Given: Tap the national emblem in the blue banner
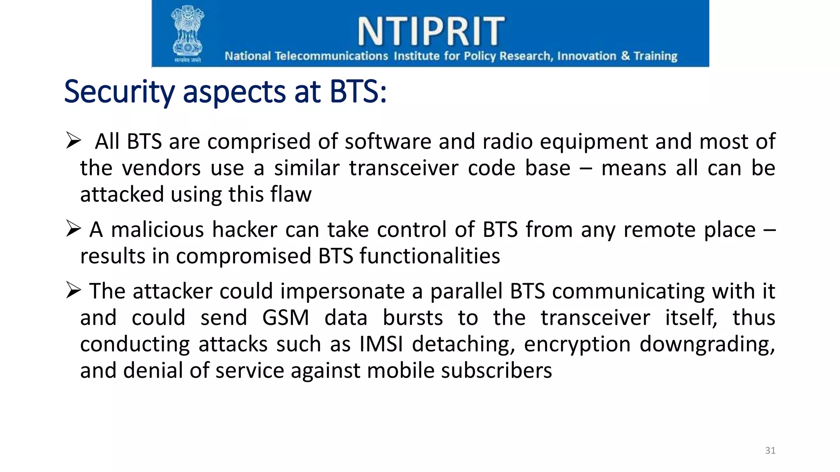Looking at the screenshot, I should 187,33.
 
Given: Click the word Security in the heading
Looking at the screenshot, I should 119,92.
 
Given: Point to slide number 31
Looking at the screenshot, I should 770,450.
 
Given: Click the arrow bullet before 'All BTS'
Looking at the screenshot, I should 73,141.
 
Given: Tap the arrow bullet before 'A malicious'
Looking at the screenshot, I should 73,229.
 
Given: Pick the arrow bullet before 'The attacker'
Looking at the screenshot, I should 73,290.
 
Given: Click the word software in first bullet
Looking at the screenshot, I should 388,142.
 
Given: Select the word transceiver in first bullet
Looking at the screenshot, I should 404,168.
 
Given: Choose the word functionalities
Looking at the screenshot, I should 430,256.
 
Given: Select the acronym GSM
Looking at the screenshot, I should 285,318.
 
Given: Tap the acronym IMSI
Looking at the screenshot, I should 381,344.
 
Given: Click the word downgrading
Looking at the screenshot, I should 707,344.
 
